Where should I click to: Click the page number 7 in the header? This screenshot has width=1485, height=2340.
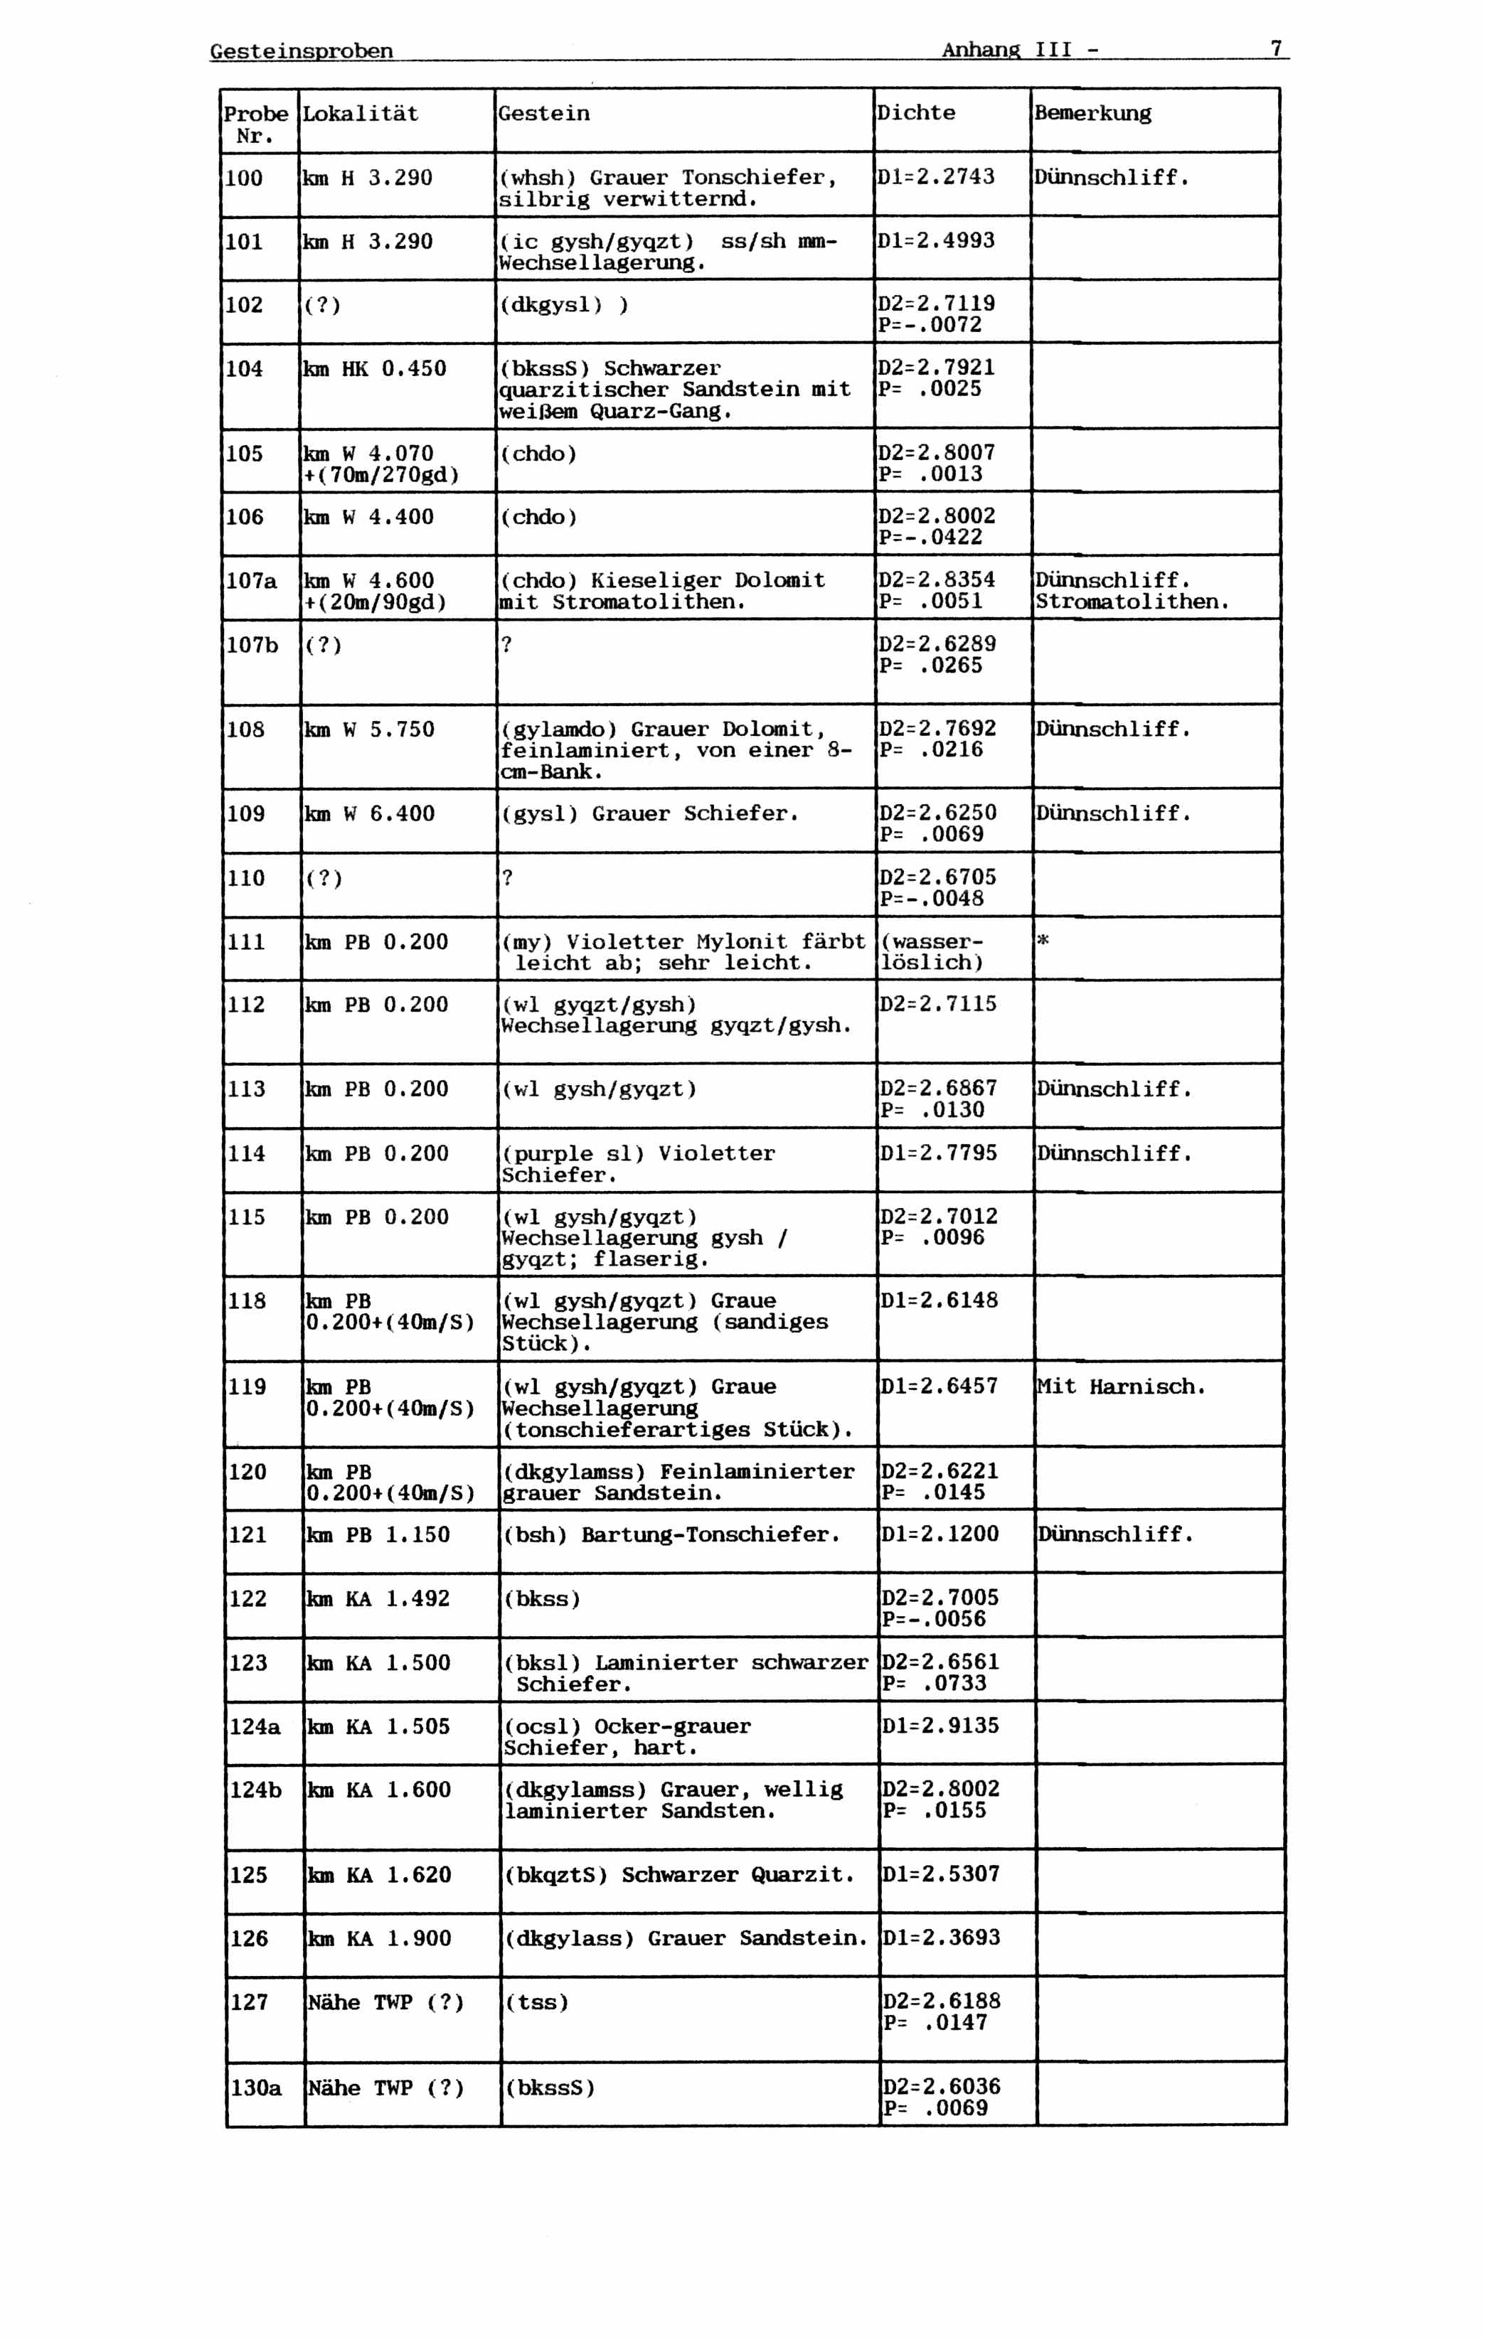pyautogui.click(x=1275, y=48)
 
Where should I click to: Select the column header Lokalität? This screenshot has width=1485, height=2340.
pyautogui.click(x=361, y=114)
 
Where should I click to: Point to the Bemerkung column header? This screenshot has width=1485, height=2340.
pyautogui.click(x=1092, y=114)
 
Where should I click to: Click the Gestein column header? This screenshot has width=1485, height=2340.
pyautogui.click(x=543, y=114)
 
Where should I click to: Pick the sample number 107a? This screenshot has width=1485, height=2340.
pyautogui.click(x=251, y=581)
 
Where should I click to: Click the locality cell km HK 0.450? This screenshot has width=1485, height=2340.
pyautogui.click(x=375, y=369)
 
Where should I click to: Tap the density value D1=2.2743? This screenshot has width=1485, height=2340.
pyautogui.click(x=936, y=177)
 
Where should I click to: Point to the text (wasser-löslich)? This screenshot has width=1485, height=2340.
pyautogui.click(x=932, y=952)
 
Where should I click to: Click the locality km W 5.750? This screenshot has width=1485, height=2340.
pyautogui.click(x=369, y=730)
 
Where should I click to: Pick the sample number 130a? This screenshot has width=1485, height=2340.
pyautogui.click(x=255, y=2088)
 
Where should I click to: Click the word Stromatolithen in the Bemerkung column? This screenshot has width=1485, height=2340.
pyautogui.click(x=1132, y=602)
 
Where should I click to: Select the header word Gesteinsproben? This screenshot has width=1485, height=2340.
pyautogui.click(x=302, y=50)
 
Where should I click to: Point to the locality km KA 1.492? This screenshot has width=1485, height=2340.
pyautogui.click(x=379, y=1598)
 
